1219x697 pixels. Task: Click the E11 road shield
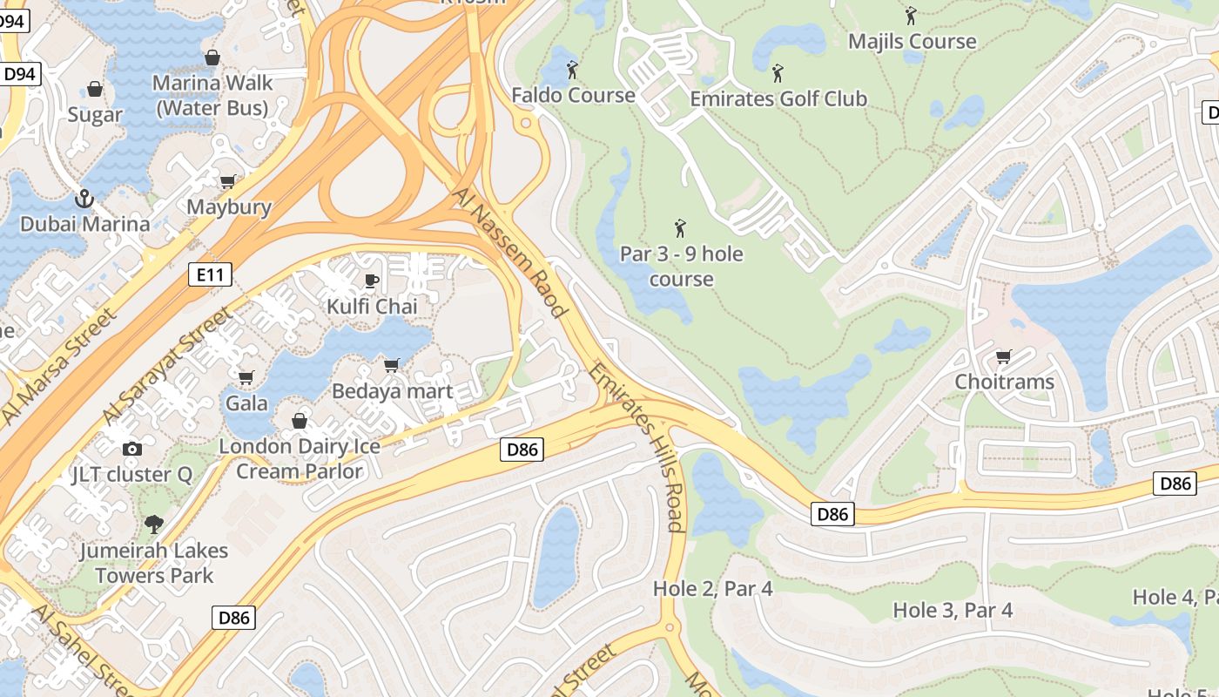[210, 275]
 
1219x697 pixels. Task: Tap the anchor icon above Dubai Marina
[84, 199]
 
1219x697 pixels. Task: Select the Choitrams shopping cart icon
[1003, 356]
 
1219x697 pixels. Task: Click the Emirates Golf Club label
[778, 98]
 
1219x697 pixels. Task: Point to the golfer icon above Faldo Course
[572, 70]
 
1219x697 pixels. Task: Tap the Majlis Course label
[912, 41]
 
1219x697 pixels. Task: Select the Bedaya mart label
[393, 391]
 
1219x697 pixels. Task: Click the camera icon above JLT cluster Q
[132, 449]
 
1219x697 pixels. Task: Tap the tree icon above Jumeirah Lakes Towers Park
[154, 524]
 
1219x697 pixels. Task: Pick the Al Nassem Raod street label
[511, 251]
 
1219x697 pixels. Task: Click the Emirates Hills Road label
[636, 447]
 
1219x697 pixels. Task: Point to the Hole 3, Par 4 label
[953, 610]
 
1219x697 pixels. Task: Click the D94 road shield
[19, 74]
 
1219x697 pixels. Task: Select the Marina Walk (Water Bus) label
[212, 96]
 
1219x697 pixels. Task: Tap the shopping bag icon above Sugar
[95, 89]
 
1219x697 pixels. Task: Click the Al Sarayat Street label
[166, 366]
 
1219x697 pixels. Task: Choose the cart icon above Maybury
[228, 181]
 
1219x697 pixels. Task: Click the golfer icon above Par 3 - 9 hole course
[680, 229]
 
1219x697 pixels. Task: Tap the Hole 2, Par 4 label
[712, 589]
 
